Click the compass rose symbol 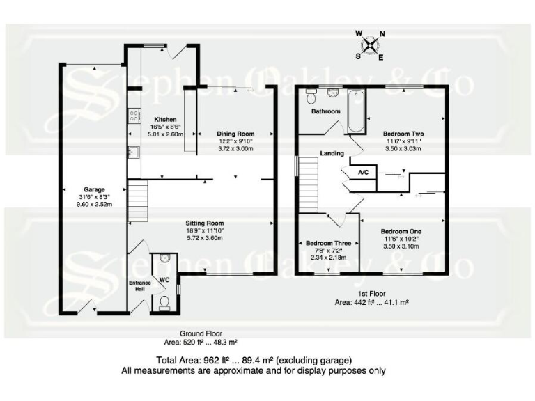pyautogui.click(x=371, y=45)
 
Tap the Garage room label pyautogui.click(x=94, y=189)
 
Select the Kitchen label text pyautogui.click(x=165, y=120)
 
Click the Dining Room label pyautogui.click(x=235, y=133)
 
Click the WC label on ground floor pyautogui.click(x=165, y=280)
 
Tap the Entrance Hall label pyautogui.click(x=139, y=286)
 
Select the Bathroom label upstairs pyautogui.click(x=325, y=111)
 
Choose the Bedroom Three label pyautogui.click(x=327, y=243)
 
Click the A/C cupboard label pyautogui.click(x=362, y=171)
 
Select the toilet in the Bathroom pyautogui.click(x=332, y=93)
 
